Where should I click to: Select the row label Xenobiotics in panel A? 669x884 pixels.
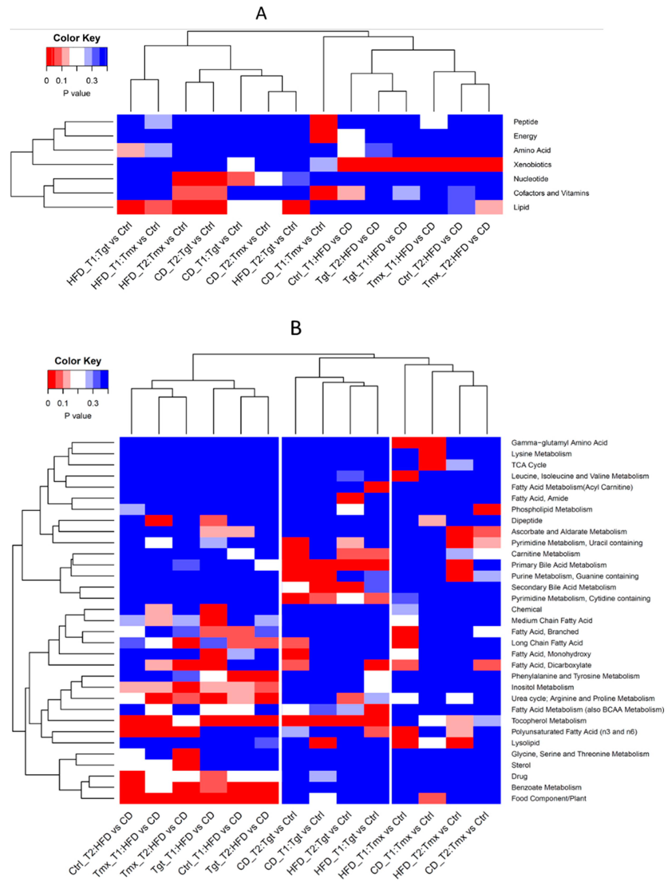point(532,165)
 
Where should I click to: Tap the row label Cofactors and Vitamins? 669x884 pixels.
point(551,193)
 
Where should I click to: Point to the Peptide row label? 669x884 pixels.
point(525,122)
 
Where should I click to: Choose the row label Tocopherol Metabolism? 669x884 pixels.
point(548,721)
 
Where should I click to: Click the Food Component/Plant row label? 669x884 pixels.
point(548,798)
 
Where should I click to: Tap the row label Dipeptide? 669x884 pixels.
point(526,521)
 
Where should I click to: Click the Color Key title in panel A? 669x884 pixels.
point(76,38)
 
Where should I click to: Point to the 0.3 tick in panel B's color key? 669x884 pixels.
point(93,404)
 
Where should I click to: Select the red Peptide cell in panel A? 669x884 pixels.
point(323,122)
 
